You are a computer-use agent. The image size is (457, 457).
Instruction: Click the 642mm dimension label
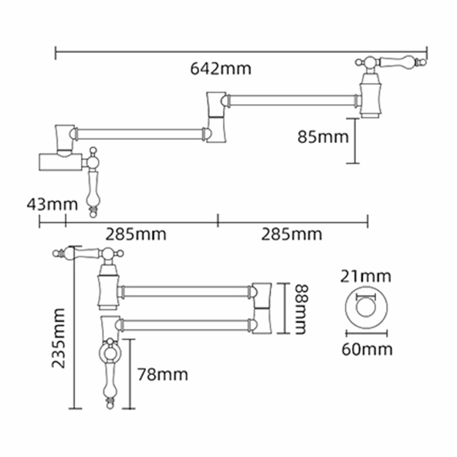click(221, 69)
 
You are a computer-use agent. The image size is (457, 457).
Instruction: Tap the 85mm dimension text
click(323, 137)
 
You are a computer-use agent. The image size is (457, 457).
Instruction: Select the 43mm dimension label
click(52, 204)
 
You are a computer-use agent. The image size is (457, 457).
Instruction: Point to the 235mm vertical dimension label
click(58, 338)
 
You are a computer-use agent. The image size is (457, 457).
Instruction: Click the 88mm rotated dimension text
click(301, 309)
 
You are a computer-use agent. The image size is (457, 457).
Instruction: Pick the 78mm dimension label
click(163, 375)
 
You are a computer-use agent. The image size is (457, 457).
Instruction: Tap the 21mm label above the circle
click(365, 276)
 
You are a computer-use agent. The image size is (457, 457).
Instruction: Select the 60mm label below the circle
click(367, 349)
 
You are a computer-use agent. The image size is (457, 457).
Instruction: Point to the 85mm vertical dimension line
click(355, 141)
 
